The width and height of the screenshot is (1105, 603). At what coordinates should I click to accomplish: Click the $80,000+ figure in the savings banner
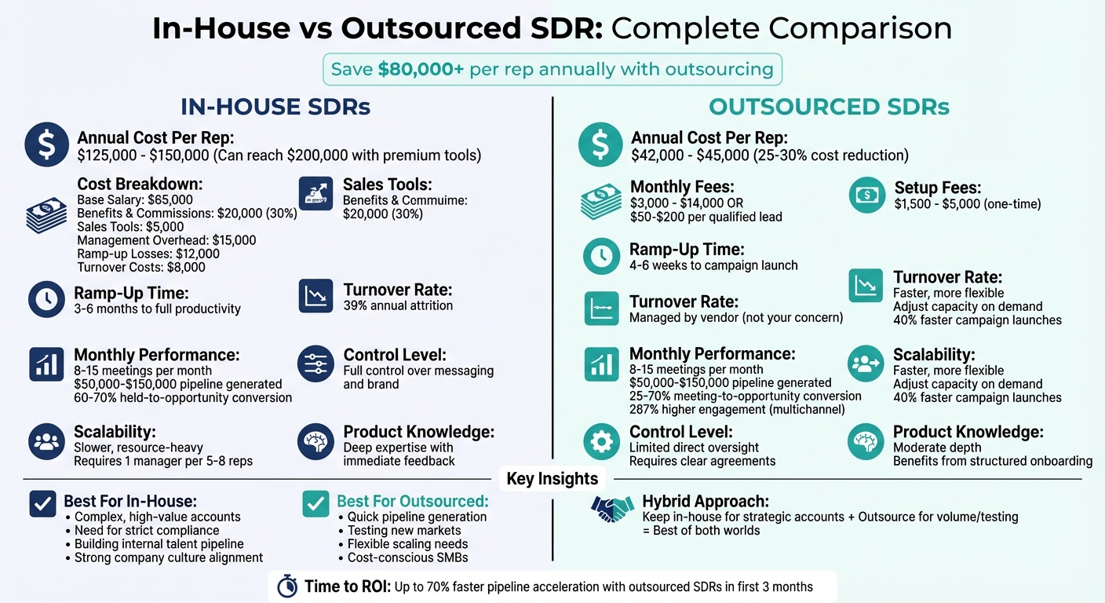421,69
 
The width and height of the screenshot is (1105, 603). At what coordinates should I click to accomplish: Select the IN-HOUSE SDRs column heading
275,107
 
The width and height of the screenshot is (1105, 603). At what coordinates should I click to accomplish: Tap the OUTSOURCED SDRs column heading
829,107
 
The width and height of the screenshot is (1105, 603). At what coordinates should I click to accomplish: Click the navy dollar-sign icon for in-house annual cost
46,144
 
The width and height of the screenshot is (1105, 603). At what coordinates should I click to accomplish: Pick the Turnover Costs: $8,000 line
141,267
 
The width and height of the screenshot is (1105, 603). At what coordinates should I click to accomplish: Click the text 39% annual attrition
398,305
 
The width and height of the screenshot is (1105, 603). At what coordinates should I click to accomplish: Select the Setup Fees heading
938,188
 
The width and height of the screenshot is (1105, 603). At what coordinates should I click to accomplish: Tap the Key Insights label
552,479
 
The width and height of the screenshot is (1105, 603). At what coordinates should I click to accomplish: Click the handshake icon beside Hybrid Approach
612,510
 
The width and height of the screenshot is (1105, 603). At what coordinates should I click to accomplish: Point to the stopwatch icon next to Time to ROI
287,587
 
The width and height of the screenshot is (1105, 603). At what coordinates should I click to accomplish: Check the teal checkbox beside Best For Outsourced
315,504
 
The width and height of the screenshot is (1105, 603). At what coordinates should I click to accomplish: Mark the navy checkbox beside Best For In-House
42,504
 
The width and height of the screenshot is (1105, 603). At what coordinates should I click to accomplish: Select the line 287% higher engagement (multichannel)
737,410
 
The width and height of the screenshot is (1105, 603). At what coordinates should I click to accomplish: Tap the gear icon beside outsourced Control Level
601,442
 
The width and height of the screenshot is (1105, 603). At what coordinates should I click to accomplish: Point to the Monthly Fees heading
682,188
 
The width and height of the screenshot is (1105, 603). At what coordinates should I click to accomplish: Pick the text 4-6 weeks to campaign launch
713,265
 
